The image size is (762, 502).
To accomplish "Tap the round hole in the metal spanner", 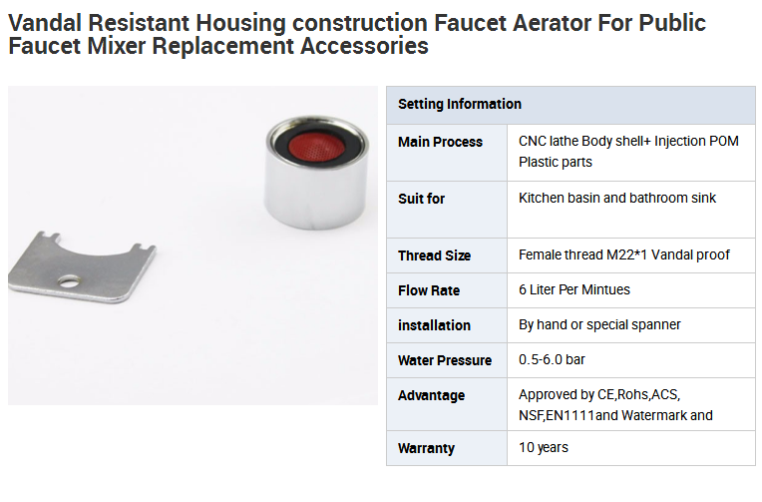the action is [69, 280].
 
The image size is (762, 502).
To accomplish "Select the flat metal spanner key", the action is [82, 267].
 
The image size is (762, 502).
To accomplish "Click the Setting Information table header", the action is [460, 104].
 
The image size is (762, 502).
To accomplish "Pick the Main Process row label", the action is [440, 142].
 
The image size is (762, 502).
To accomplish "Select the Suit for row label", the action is [421, 199].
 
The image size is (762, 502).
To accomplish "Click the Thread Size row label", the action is [435, 255].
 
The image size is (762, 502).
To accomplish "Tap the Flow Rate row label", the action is [429, 290].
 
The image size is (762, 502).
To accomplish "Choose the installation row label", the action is [435, 325].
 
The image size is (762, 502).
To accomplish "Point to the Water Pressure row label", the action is [445, 360].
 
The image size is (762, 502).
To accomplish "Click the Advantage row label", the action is [432, 395].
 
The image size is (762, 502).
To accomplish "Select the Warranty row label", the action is [426, 448].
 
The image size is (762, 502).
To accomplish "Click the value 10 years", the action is [544, 447].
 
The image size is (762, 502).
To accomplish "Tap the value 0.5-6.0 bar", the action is [552, 359].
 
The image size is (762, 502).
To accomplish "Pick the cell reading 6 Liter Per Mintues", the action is [574, 289].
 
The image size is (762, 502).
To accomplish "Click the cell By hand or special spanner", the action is [599, 324].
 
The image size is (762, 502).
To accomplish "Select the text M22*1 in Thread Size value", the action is [627, 254].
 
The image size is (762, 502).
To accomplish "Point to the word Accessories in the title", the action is [364, 46].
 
